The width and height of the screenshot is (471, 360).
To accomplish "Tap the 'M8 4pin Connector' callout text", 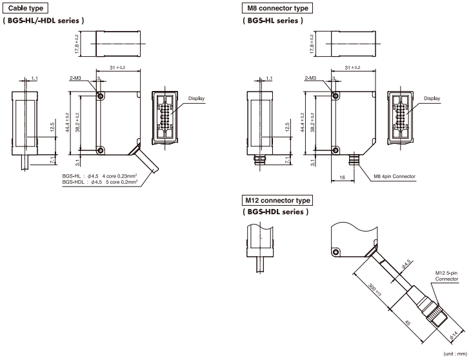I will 394,176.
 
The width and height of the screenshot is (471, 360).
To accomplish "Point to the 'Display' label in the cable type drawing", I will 195,99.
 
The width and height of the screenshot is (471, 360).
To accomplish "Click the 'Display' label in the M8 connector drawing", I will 432,99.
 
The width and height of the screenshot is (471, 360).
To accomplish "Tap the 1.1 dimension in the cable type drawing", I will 34,79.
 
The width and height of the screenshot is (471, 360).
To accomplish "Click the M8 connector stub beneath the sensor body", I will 354,158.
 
